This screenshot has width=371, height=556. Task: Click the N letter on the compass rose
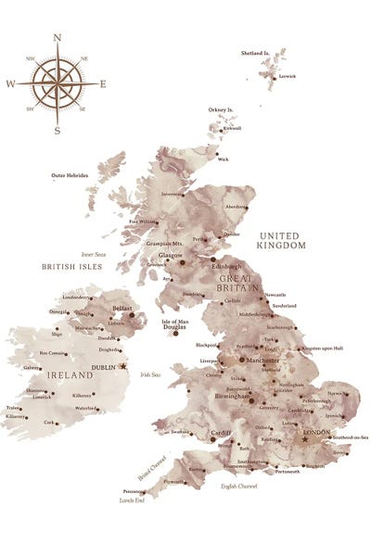click(x=58, y=38)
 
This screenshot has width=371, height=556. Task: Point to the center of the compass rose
click(x=58, y=84)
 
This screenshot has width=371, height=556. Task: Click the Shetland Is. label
click(x=255, y=54)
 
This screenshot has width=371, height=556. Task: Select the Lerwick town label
click(x=287, y=77)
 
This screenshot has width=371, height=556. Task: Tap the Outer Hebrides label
click(x=70, y=175)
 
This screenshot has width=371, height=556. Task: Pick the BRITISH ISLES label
click(x=71, y=266)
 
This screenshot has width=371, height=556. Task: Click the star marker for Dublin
click(x=123, y=366)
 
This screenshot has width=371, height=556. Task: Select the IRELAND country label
click(x=70, y=375)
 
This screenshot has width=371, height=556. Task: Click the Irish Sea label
click(x=150, y=375)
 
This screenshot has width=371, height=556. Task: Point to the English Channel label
click(x=238, y=486)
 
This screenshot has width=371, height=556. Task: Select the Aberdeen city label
click(x=237, y=207)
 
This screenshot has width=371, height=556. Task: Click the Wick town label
click(x=223, y=159)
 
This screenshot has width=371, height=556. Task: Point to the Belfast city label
click(x=122, y=307)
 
